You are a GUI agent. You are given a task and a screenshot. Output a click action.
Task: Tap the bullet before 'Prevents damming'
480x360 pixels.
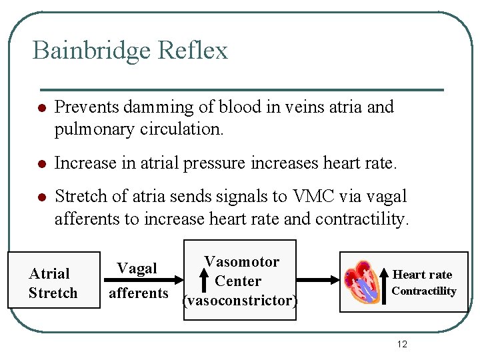[41, 108]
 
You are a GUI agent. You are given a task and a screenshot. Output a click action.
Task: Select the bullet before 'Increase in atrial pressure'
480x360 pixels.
[41, 163]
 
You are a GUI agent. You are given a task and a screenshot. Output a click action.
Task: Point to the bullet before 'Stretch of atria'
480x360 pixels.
[41, 197]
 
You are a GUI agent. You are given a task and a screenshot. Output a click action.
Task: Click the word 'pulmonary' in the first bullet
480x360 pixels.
[95, 129]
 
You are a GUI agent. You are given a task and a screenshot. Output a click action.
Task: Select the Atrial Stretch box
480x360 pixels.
[53, 283]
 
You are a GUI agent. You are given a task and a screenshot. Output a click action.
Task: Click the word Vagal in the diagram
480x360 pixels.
[137, 269]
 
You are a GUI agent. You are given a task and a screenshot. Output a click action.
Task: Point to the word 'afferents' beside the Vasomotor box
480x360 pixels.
[139, 293]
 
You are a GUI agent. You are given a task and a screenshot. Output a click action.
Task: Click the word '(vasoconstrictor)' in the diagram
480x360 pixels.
[239, 301]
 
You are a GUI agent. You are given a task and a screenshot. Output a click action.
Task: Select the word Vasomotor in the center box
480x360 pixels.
[241, 261]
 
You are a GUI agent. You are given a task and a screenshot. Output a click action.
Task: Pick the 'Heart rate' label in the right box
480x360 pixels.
[423, 275]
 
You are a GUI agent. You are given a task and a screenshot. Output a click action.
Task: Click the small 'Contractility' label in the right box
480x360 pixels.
[424, 291]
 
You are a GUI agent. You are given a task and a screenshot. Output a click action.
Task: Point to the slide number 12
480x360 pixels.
[402, 344]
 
